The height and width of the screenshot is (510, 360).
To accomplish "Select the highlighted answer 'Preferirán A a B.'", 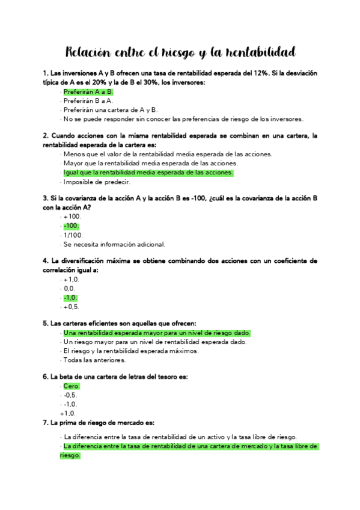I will (88, 92).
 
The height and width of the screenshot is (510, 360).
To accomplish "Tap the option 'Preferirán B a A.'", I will (88, 101).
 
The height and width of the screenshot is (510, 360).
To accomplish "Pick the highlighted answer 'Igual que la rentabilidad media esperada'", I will (148, 173).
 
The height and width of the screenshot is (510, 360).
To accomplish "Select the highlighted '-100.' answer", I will (72, 226).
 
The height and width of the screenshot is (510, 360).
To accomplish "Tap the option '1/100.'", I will (73, 235).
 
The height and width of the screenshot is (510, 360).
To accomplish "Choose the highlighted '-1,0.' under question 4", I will (70, 298).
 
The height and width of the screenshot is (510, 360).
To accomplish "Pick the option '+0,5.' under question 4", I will (72, 307).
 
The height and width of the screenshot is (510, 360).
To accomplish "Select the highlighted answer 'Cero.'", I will (71, 386).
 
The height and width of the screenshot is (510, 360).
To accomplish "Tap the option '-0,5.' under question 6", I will (70, 395).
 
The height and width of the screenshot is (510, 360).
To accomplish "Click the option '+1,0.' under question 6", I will (68, 413).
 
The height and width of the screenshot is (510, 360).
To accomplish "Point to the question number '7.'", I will (46, 423).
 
